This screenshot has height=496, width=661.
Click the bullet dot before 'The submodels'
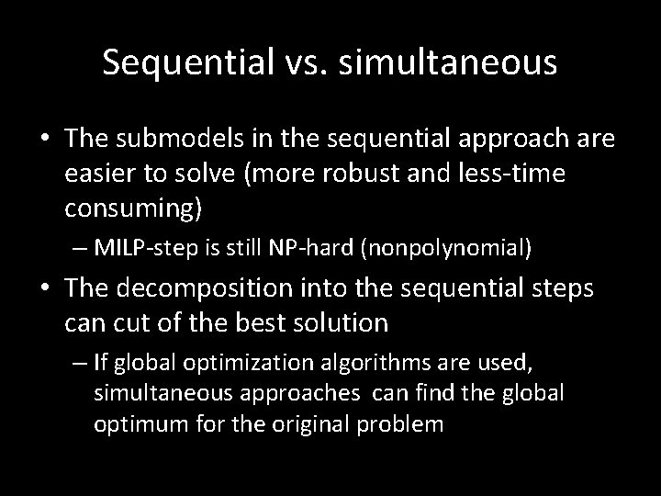43,139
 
